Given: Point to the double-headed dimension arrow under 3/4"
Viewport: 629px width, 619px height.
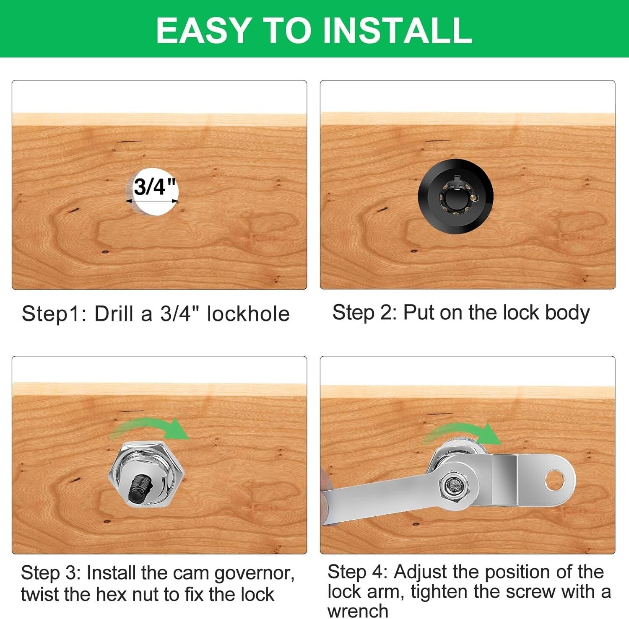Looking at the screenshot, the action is click(152, 201).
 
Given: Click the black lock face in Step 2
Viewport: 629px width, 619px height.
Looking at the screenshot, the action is click(455, 196).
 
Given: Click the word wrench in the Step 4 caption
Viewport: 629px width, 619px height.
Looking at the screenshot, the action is click(358, 611).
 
